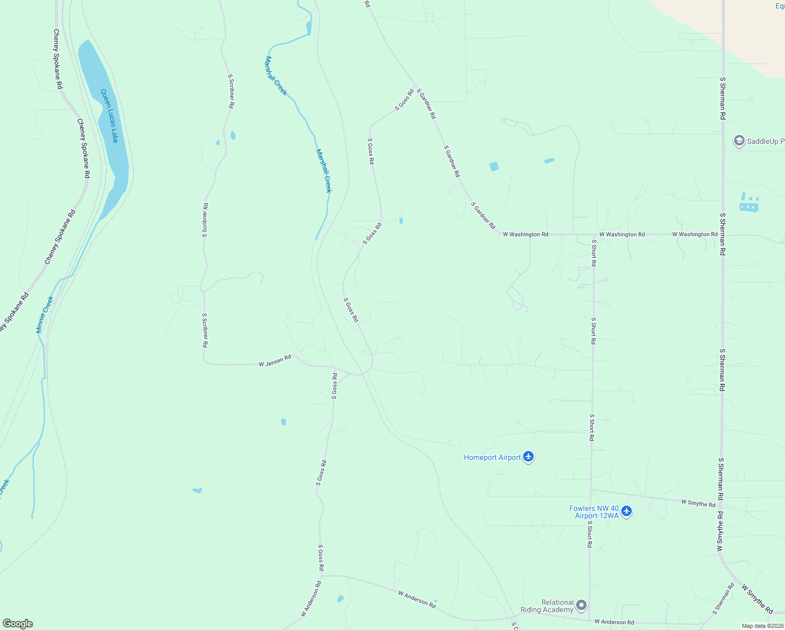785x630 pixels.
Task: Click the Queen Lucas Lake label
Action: coord(109,116)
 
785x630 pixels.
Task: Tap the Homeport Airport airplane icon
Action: coord(528,457)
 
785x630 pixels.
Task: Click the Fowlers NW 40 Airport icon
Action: coord(627,511)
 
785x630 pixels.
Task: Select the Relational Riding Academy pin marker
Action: coord(581,605)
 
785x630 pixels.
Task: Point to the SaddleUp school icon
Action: coord(739,141)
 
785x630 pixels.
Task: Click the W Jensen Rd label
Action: coord(275,361)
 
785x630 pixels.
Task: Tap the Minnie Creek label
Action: coord(45,314)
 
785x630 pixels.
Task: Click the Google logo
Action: coord(18,624)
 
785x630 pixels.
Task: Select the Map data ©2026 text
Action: coord(762,626)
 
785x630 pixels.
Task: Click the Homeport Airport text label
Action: coord(492,457)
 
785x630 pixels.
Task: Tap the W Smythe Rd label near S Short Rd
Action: coord(698,503)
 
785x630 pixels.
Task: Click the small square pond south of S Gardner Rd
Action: coord(494,166)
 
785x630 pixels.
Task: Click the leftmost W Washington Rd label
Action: coord(525,234)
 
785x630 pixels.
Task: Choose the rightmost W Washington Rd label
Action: coord(695,234)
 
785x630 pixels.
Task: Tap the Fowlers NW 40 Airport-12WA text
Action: coord(594,512)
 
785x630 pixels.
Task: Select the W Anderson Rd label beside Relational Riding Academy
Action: coord(614,622)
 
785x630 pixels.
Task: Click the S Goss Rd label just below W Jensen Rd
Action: coord(334,386)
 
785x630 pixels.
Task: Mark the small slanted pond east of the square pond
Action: coord(549,161)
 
